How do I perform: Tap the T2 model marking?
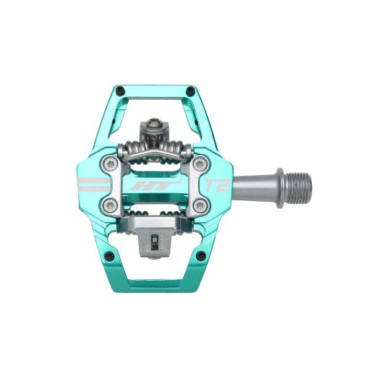[x=217, y=185]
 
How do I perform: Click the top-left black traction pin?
[x=120, y=90]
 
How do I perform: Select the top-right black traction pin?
[x=191, y=90]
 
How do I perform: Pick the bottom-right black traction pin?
[x=201, y=256]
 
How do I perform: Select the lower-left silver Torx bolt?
[x=109, y=205]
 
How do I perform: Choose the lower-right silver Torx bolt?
[x=201, y=205]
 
